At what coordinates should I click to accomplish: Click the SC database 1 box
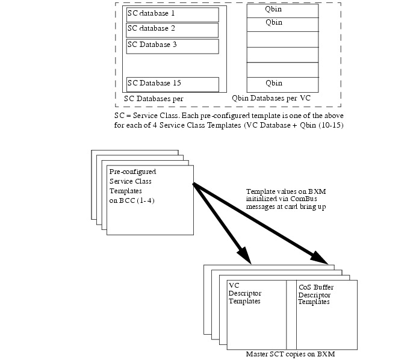coord(172,14)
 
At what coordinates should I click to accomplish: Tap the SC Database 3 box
coord(172,46)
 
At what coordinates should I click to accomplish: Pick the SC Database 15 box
coord(172,84)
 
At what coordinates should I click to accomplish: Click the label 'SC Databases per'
coord(154,98)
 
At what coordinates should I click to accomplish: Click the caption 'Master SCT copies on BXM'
coord(286,355)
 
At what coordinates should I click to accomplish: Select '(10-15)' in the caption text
coord(327,125)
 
